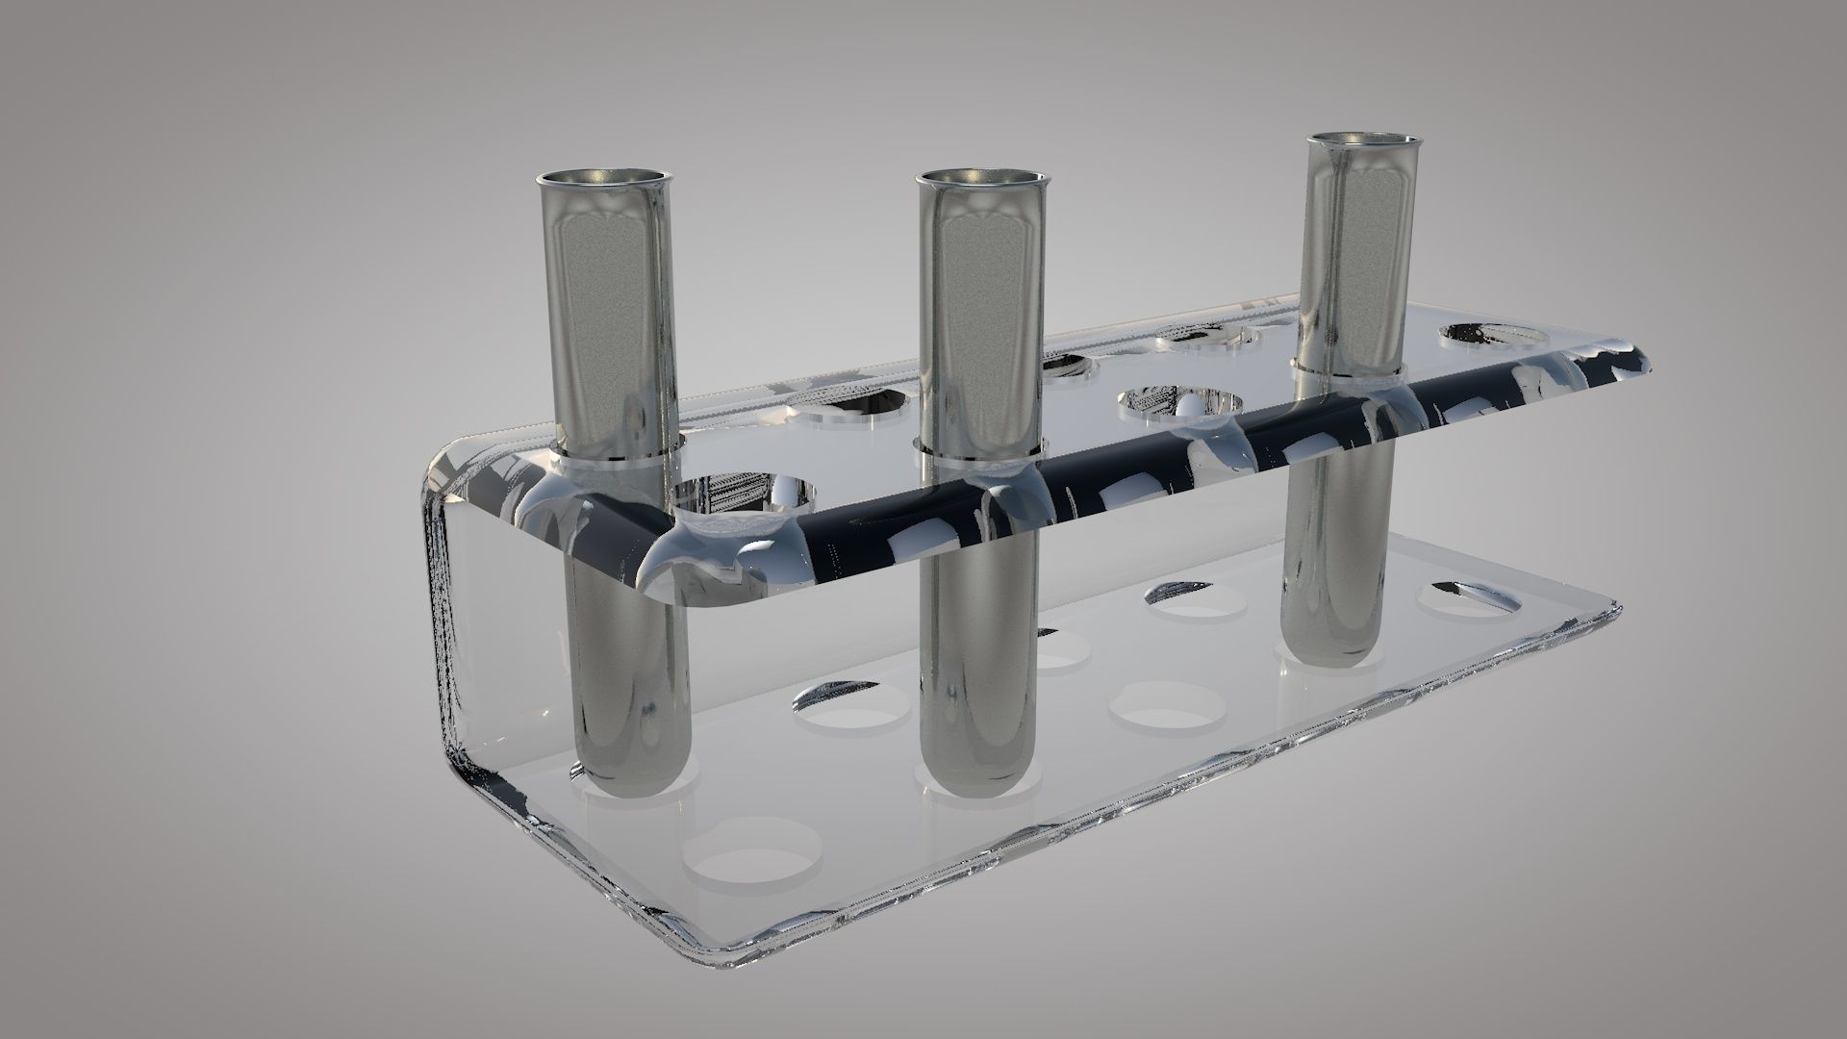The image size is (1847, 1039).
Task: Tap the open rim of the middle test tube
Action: click(981, 178)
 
